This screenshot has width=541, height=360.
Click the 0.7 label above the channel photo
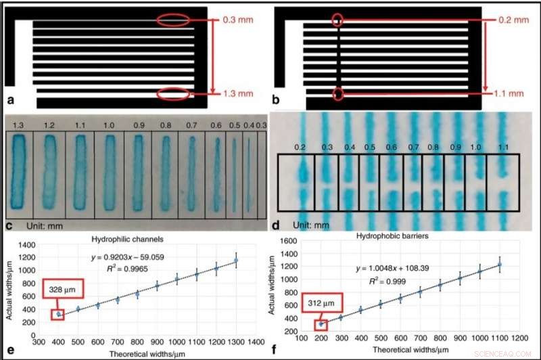coord(192,125)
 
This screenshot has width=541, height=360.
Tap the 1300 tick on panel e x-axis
coord(236,342)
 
